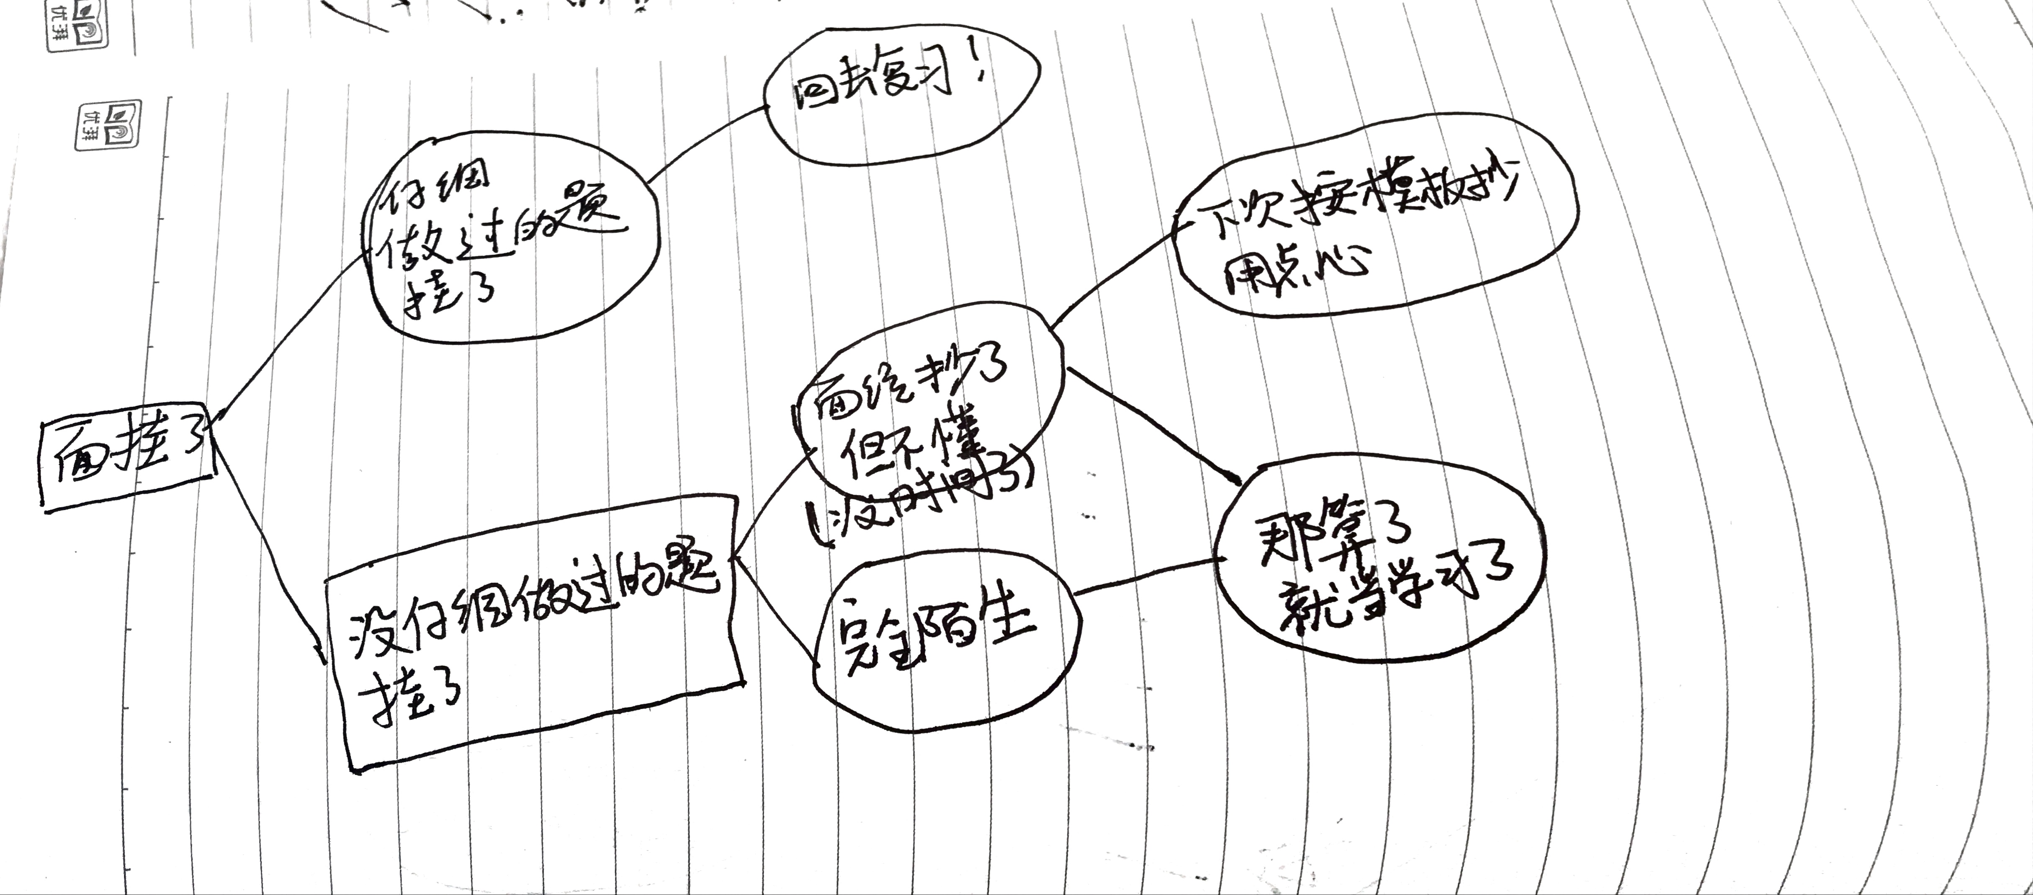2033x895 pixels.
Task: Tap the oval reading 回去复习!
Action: (900, 99)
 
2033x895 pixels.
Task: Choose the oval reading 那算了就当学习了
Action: (1377, 564)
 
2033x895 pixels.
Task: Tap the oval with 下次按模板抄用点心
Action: (1373, 229)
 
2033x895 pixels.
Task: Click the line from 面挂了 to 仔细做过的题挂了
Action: (292, 331)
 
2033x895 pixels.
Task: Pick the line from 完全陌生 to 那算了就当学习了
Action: (1144, 576)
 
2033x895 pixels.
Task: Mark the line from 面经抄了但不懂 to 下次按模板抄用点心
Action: (1113, 272)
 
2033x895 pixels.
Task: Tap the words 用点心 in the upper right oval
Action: (1294, 268)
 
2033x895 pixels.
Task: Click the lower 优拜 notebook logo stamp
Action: (108, 124)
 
